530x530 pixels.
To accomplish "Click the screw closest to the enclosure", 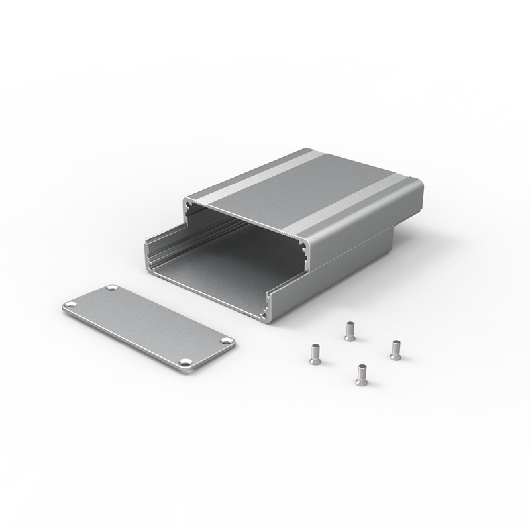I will pos(350,329).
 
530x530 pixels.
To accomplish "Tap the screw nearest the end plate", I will pos(315,354).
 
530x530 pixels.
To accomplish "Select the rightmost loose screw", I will pos(396,349).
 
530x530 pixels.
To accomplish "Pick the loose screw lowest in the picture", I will pos(362,374).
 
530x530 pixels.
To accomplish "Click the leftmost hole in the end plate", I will pos(70,305).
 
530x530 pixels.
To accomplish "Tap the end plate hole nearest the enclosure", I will pos(111,289).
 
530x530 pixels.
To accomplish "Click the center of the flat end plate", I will pos(148,325).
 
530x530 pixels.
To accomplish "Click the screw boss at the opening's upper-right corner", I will pos(304,246).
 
